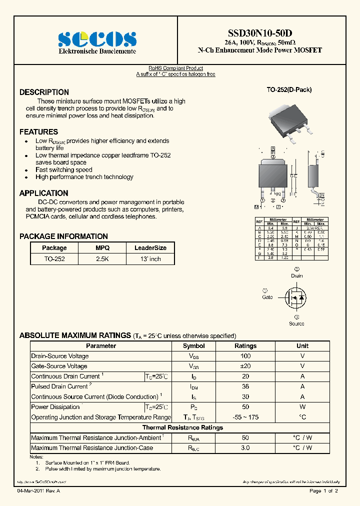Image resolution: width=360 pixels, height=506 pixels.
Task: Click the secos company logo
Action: (x=97, y=39)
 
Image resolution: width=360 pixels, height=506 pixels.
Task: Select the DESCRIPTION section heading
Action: (x=44, y=92)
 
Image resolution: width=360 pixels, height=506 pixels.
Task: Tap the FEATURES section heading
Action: (x=38, y=132)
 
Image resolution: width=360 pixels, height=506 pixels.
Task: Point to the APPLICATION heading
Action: (x=43, y=193)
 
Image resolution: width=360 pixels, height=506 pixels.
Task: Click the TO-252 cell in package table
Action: (x=54, y=259)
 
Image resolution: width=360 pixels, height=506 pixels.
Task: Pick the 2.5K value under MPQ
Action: (x=102, y=259)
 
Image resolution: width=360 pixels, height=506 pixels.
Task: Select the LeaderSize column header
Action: (x=150, y=248)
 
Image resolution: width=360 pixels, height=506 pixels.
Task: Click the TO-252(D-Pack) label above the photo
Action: (x=289, y=90)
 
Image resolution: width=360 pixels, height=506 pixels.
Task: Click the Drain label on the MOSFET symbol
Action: (x=297, y=275)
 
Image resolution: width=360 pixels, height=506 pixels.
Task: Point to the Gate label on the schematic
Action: (x=267, y=297)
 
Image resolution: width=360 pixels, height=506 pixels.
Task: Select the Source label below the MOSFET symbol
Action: (x=296, y=323)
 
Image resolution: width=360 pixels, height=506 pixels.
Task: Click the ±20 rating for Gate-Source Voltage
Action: (x=245, y=366)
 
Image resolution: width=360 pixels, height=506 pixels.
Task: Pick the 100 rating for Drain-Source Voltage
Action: (x=245, y=356)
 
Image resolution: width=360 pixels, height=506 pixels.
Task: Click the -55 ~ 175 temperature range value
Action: (x=245, y=417)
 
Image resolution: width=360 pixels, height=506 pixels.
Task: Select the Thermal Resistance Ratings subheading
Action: (x=182, y=427)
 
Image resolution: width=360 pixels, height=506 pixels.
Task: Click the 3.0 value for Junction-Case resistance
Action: (x=245, y=448)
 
